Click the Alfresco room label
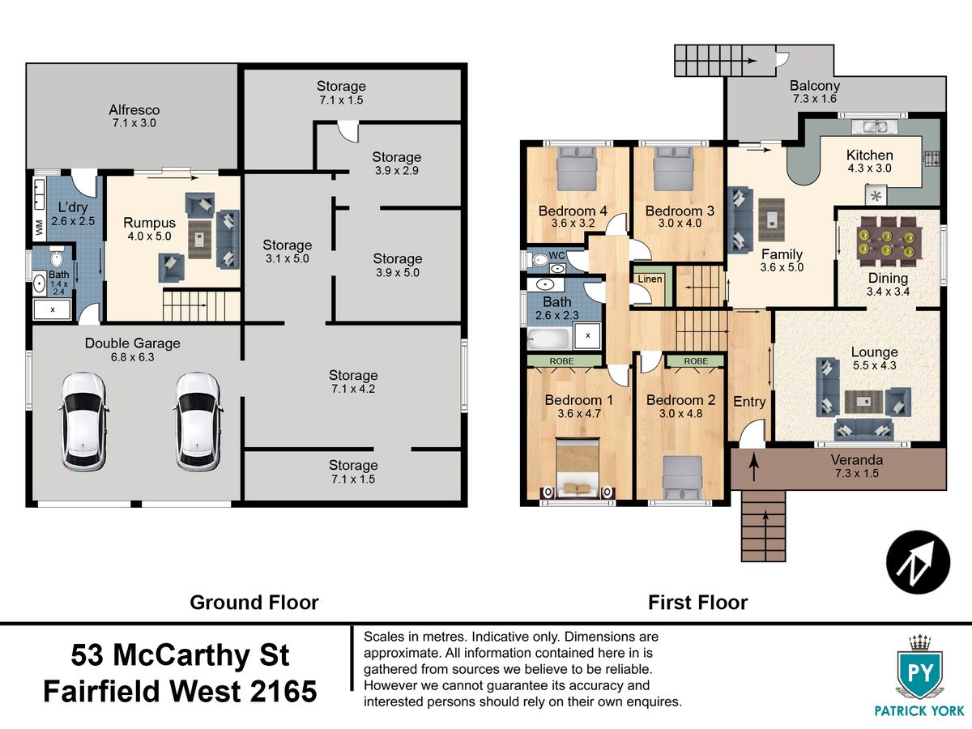pyautogui.click(x=134, y=110)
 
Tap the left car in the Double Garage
pyautogui.click(x=83, y=421)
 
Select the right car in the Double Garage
pyautogui.click(x=198, y=421)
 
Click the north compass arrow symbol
pyautogui.click(x=919, y=562)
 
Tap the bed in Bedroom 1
pyautogui.click(x=578, y=468)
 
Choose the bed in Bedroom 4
pyautogui.click(x=577, y=168)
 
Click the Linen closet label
pyautogui.click(x=650, y=279)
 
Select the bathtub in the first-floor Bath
pyautogui.click(x=548, y=339)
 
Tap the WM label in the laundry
pyautogui.click(x=40, y=228)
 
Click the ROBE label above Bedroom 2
pyautogui.click(x=696, y=361)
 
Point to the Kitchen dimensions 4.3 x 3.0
pyautogui.click(x=869, y=168)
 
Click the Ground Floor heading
pyautogui.click(x=254, y=603)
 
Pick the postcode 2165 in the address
pyautogui.click(x=283, y=692)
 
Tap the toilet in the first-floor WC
pyautogui.click(x=537, y=259)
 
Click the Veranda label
pyautogui.click(x=857, y=460)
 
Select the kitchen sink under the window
pyautogui.click(x=875, y=127)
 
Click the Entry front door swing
pyautogui.click(x=752, y=433)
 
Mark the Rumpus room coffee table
pyautogui.click(x=199, y=239)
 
